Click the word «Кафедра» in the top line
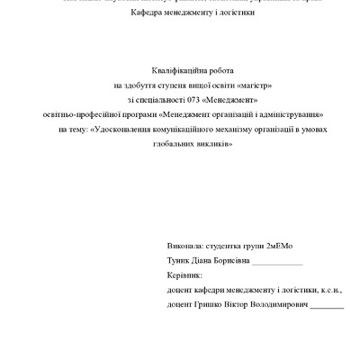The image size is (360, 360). pos(149,14)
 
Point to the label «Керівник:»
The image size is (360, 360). pos(185,275)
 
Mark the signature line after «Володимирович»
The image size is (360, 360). pos(328,308)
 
